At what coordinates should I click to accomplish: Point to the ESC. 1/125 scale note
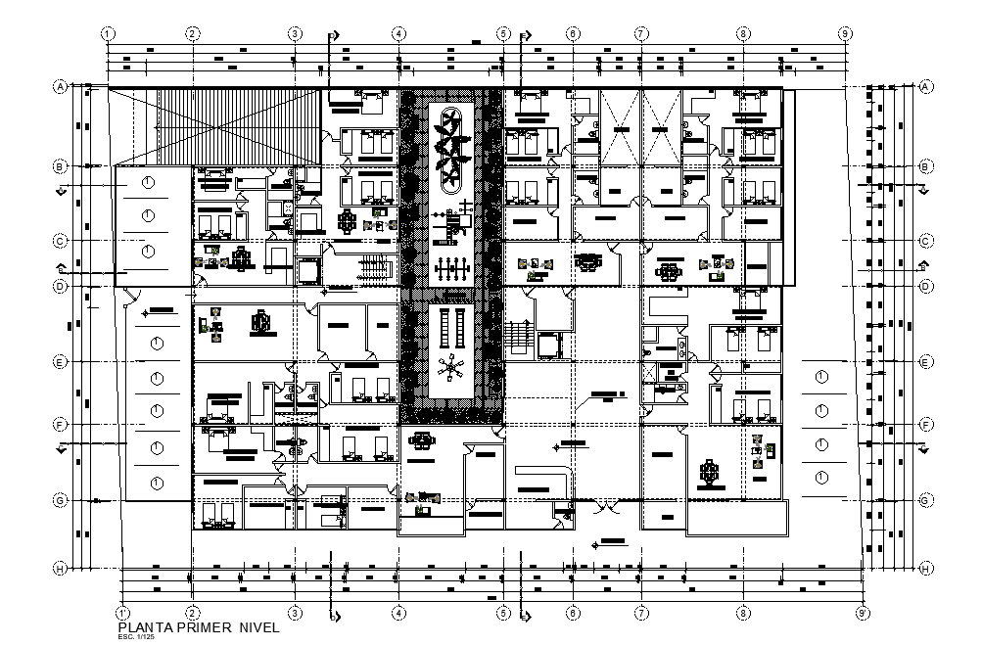(x=132, y=638)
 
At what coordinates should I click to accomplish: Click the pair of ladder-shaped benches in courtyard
(x=451, y=328)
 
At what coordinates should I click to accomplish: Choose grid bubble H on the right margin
(x=924, y=568)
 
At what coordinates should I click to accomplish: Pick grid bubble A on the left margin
(x=60, y=86)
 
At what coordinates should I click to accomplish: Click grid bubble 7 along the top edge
(x=641, y=33)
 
